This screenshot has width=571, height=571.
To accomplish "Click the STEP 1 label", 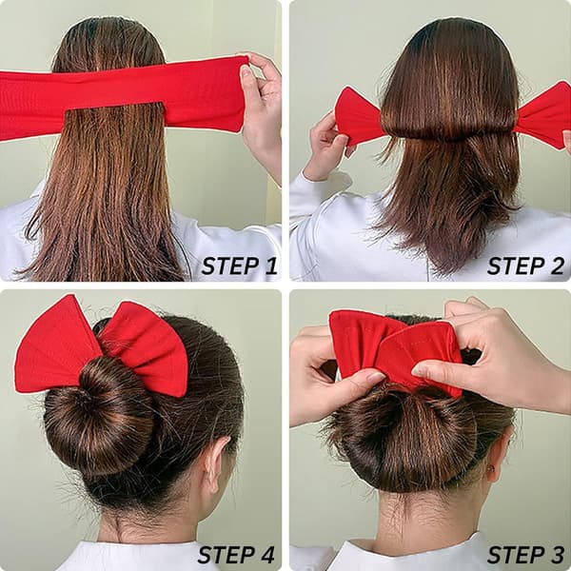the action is click(x=239, y=266).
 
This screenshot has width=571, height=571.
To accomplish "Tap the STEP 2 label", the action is click(x=525, y=266).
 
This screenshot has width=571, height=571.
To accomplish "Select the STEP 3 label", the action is click(x=525, y=555).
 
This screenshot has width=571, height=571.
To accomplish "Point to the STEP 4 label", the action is click(x=236, y=555).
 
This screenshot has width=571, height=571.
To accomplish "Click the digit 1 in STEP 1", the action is click(x=270, y=266).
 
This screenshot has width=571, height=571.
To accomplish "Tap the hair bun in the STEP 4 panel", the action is click(x=98, y=414).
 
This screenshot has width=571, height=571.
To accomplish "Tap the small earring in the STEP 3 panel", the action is click(x=492, y=468).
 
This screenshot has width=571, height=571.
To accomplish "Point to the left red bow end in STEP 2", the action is click(x=359, y=115).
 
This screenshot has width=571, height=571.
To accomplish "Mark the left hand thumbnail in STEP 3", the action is click(x=375, y=375).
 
